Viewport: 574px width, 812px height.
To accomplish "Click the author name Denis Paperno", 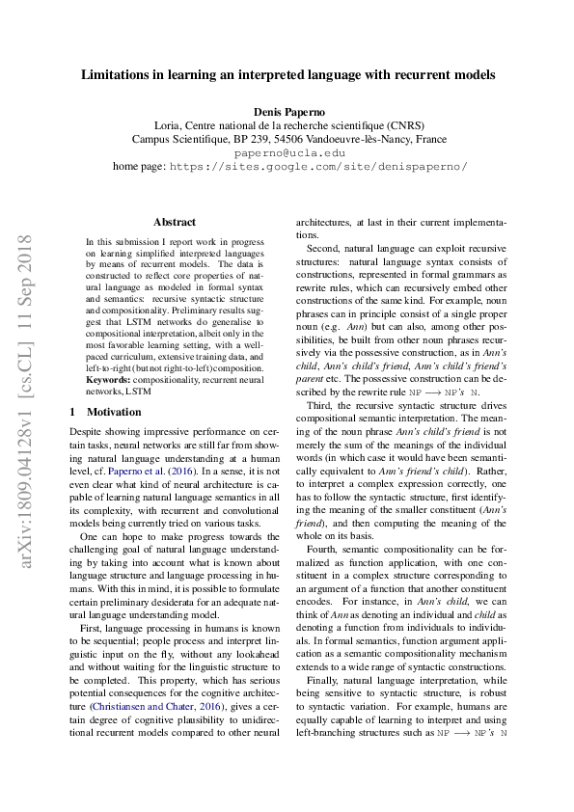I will pos(287,112).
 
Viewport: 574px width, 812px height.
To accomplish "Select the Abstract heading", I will pos(175,222).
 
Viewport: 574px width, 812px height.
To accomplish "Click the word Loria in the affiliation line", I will pos(170,125).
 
